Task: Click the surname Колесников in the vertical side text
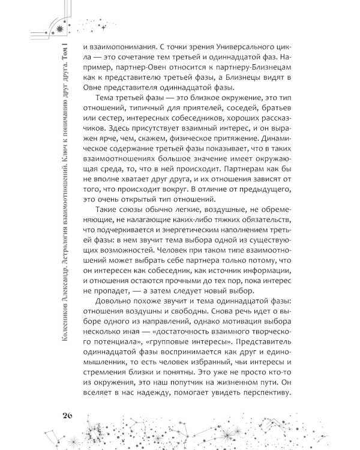point(59,379)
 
